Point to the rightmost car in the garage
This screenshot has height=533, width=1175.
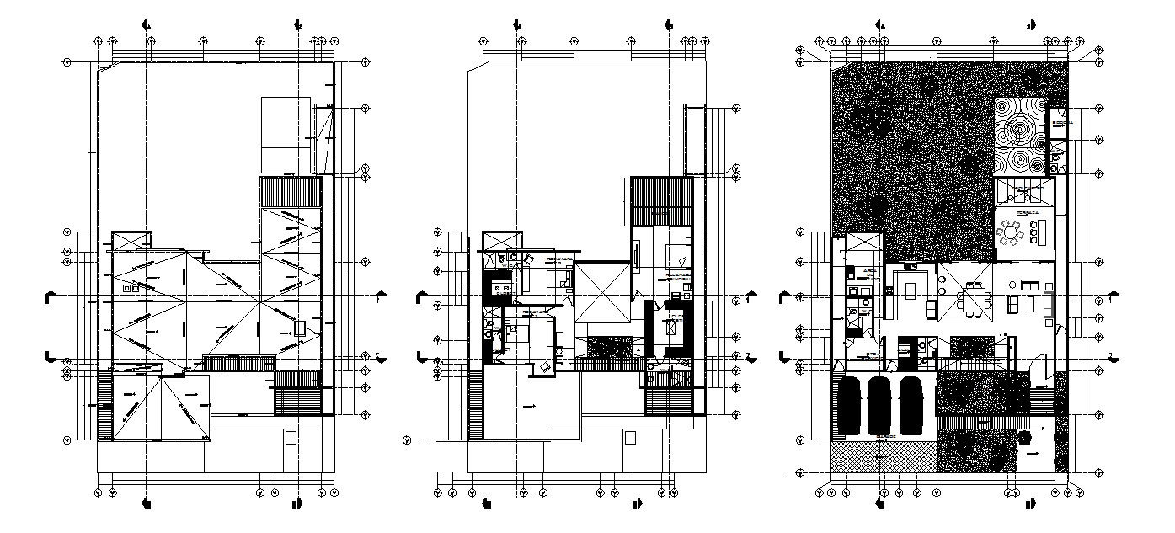(911, 406)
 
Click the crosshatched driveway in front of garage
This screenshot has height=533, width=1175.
(883, 456)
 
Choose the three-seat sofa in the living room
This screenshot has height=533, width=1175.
(1048, 303)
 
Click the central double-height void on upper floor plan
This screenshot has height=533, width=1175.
(603, 291)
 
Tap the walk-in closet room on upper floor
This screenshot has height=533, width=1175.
(674, 328)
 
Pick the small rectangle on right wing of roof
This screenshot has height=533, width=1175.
(302, 327)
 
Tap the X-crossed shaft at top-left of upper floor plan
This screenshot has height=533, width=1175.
(503, 240)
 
